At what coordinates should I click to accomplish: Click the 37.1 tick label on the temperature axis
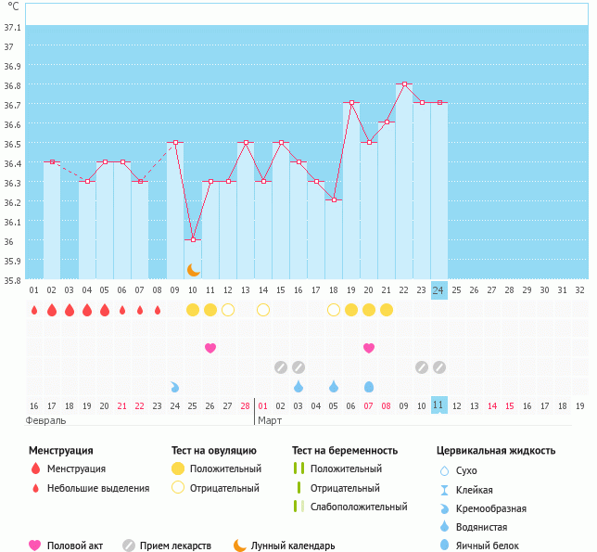tap(13, 26)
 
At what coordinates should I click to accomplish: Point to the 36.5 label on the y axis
tap(13, 144)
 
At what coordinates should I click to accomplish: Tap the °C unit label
tap(13, 6)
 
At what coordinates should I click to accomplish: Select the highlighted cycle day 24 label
tap(439, 290)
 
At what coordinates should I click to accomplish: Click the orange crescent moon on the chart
tap(193, 270)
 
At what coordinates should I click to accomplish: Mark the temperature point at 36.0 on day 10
tap(193, 239)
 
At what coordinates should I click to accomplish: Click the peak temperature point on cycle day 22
tap(404, 84)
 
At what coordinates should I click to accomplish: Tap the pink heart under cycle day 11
tap(210, 348)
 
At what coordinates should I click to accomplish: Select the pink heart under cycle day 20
tap(369, 348)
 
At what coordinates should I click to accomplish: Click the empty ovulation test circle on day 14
tap(263, 310)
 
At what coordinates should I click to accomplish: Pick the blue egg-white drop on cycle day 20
tap(369, 386)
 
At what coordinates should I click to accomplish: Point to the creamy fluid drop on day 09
tap(175, 386)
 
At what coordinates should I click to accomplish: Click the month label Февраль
tap(46, 421)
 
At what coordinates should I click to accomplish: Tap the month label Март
tap(270, 421)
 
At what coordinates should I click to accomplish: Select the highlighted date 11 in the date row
tap(439, 405)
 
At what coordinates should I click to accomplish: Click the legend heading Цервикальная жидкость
tap(496, 451)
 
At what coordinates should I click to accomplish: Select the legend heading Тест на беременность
tap(345, 451)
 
